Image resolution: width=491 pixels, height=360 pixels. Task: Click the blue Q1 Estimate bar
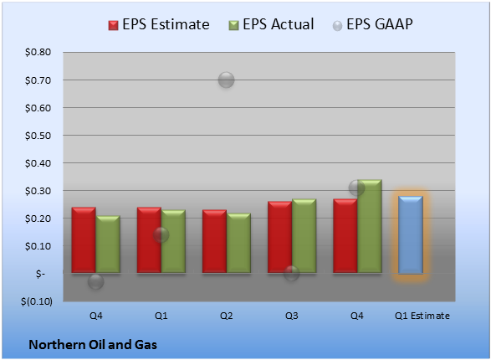(411, 235)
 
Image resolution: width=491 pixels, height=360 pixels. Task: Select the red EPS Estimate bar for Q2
(214, 241)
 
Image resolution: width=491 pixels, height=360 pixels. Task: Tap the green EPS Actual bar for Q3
(304, 236)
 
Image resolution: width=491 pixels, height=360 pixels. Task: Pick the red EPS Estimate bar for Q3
(280, 237)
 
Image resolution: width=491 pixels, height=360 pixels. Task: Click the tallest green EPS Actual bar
(370, 226)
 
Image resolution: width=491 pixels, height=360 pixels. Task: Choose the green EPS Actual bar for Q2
(238, 243)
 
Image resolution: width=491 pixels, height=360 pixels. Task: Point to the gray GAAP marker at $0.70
(226, 80)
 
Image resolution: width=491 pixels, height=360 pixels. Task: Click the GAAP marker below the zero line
(96, 281)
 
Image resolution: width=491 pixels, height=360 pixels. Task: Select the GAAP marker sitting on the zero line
(292, 273)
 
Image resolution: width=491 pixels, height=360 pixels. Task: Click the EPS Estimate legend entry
(159, 24)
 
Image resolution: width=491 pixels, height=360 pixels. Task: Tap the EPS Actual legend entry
(271, 24)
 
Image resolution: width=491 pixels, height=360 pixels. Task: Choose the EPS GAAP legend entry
(372, 24)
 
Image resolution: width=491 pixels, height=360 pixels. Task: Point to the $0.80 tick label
(38, 52)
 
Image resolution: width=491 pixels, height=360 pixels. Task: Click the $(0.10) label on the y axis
(37, 301)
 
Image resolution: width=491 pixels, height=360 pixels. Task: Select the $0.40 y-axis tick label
(38, 163)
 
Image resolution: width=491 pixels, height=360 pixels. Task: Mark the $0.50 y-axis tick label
(38, 136)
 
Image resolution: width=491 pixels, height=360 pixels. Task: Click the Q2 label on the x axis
(227, 316)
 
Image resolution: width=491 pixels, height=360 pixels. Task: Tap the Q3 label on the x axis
(292, 316)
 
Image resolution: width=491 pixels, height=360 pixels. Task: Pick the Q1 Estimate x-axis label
(422, 316)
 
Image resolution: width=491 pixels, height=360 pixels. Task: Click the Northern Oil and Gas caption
(93, 345)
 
